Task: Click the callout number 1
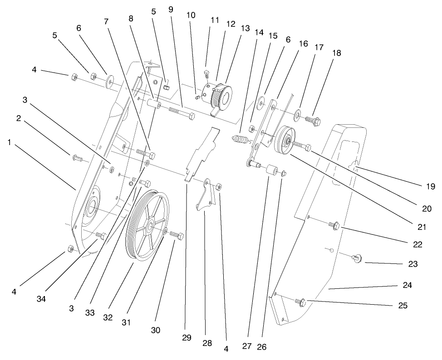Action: point(10,142)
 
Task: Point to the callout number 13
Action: point(245,28)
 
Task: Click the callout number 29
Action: point(186,338)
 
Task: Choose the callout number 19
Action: point(431,186)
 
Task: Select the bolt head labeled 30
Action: point(179,236)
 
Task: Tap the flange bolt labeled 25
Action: point(301,301)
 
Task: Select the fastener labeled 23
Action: point(356,258)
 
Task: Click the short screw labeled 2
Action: point(76,158)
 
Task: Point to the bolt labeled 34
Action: point(102,236)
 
